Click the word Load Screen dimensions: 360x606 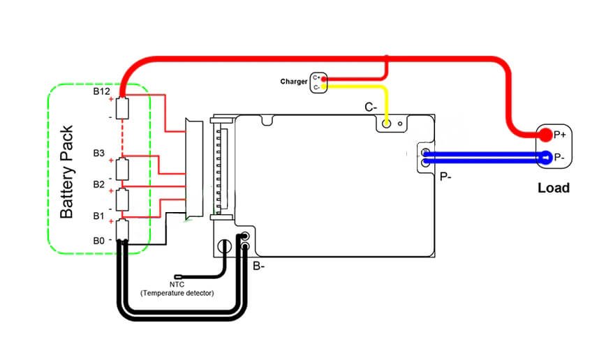pos(553,188)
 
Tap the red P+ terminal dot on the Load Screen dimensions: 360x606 pos(545,135)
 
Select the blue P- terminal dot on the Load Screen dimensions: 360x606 pos(545,158)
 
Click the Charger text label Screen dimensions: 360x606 pos(294,82)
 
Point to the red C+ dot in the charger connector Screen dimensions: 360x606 pos(323,78)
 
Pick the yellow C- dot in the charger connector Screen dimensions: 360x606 pos(323,87)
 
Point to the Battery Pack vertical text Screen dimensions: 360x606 pos(67,172)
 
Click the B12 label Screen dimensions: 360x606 pos(102,91)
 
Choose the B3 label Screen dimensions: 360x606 pos(100,153)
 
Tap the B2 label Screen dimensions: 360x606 pos(100,184)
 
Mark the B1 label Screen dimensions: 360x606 pos(100,216)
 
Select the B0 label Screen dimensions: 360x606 pos(100,241)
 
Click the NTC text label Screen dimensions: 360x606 pos(177,285)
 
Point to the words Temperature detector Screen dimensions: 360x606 pos(177,294)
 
